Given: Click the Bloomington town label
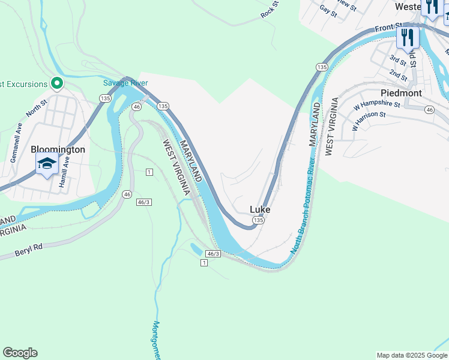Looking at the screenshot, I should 58,149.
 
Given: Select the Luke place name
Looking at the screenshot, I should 260,209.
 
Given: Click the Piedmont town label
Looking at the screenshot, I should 401,93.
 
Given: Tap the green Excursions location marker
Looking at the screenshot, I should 57,83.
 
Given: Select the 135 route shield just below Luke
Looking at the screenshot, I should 258,221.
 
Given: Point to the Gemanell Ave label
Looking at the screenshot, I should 14,143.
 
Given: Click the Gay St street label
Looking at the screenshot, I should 328,10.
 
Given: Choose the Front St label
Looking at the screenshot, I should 389,28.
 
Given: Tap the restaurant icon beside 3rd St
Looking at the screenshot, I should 408,38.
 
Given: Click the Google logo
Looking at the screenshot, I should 20,353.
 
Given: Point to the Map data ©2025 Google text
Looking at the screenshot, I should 411,355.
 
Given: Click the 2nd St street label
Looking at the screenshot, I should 398,75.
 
